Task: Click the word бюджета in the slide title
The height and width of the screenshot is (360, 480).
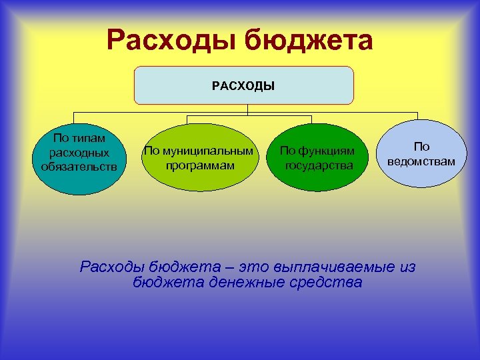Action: pos(309,42)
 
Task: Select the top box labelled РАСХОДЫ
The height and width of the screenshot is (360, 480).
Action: pos(243,85)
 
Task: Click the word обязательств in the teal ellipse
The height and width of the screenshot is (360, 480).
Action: pos(79,166)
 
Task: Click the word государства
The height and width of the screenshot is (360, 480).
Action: pos(319,165)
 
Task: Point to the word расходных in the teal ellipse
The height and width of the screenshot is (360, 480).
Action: pos(79,153)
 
